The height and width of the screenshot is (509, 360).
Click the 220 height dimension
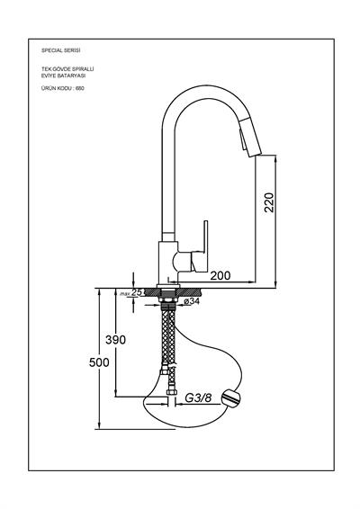pyautogui.click(x=269, y=202)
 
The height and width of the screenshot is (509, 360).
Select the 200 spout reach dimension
pyautogui.click(x=220, y=275)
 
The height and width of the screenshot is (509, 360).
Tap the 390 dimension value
pyautogui.click(x=115, y=340)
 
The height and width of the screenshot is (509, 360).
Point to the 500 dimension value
pyautogui.click(x=99, y=362)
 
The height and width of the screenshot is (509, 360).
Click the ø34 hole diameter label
pyautogui.click(x=192, y=301)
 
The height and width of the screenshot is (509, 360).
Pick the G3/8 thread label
pyautogui.click(x=198, y=397)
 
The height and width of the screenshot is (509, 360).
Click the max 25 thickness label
pyautogui.click(x=130, y=293)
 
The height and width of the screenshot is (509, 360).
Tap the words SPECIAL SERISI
pyautogui.click(x=61, y=50)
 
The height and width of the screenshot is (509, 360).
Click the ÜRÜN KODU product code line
pyautogui.click(x=63, y=88)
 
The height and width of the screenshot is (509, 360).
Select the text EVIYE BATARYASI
pyautogui.click(x=63, y=76)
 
